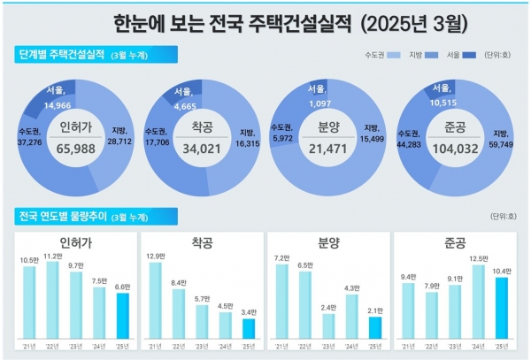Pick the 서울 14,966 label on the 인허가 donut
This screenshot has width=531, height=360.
pyautogui.click(x=58, y=97)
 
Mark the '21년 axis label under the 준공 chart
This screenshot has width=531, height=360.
pyautogui.click(x=408, y=347)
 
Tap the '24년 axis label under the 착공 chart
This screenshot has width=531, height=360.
pyautogui.click(x=226, y=347)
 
